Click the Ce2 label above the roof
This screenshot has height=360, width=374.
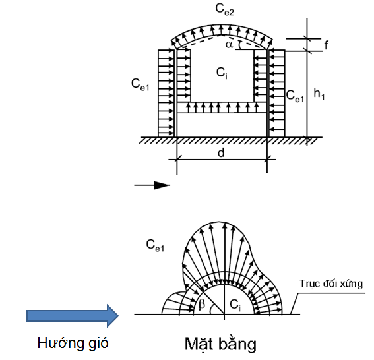pos(224,10)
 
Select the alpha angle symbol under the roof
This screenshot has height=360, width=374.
pos(229,45)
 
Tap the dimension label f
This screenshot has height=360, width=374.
pos(327,45)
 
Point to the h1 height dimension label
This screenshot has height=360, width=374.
pos(319,94)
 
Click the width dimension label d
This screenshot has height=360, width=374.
pos(221,152)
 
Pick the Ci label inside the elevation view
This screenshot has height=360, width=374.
pos(222,73)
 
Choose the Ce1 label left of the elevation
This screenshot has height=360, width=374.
pos(140,84)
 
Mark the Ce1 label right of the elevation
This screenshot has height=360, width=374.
pos(295,96)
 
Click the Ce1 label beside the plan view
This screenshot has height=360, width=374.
pos(155,245)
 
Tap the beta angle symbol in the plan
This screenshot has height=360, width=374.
pos(202,305)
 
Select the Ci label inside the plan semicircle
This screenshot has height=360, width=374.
pos(235,305)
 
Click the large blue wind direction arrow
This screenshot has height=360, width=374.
pos(73,316)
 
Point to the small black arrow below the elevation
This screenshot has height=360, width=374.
pos(152,185)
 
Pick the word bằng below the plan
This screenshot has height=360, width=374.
pos(239,344)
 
